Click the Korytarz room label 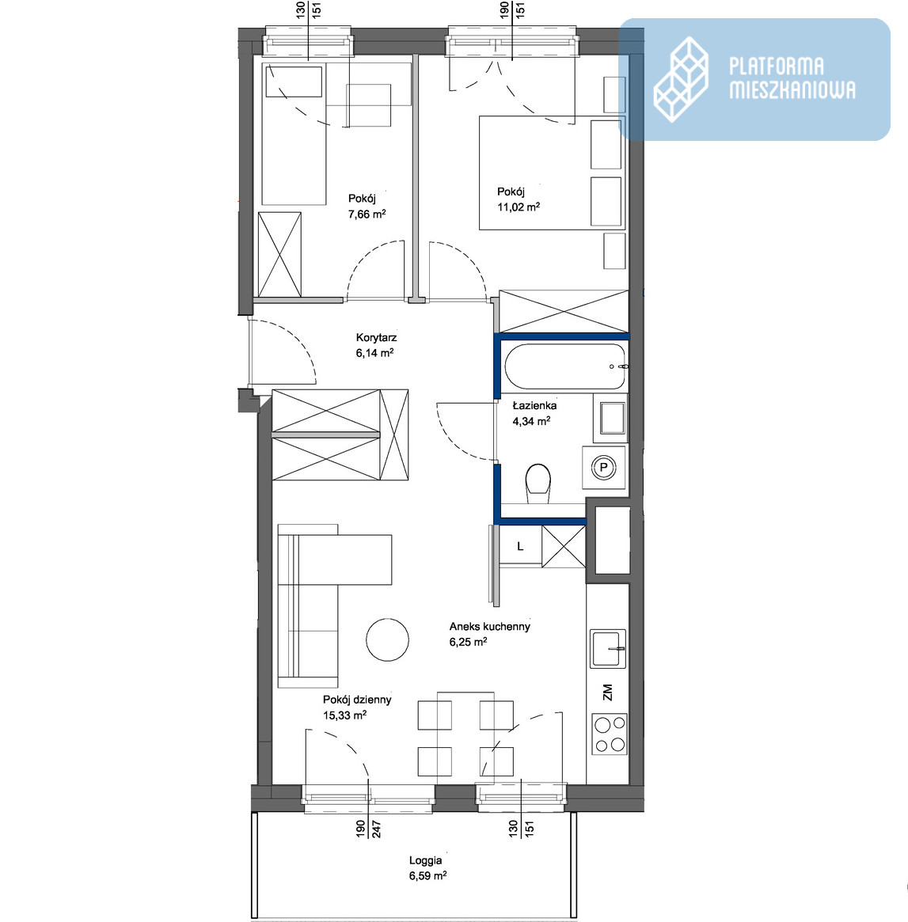click(x=376, y=337)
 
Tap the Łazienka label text click(x=534, y=405)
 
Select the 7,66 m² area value click(x=367, y=214)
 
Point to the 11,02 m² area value click(x=518, y=207)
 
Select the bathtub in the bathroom click(x=564, y=366)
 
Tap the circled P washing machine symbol click(x=602, y=468)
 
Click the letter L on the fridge click(x=520, y=546)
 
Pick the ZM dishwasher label click(x=607, y=692)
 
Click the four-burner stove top click(x=610, y=734)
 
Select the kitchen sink click(x=609, y=649)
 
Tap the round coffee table click(x=387, y=639)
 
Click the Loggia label click(x=425, y=861)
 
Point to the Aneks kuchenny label click(x=490, y=626)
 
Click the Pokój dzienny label click(x=357, y=700)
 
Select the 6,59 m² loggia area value click(x=427, y=876)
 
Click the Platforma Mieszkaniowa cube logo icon click(x=681, y=79)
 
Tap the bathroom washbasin click(x=612, y=418)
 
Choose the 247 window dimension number click(x=377, y=829)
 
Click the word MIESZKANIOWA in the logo click(x=792, y=89)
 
